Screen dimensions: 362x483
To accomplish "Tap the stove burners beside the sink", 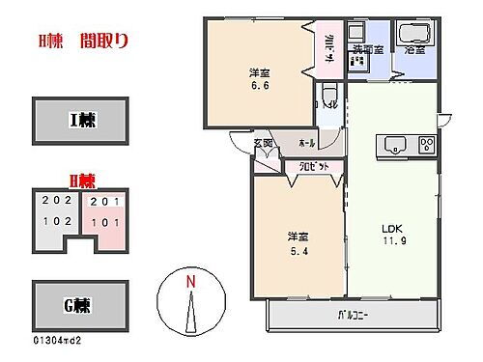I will (x=424, y=147).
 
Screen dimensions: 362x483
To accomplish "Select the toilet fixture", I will (x=330, y=97).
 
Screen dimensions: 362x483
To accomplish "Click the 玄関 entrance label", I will (x=264, y=144).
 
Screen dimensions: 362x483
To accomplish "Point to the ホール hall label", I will (x=307, y=142).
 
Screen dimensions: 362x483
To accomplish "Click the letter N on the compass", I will (x=191, y=281).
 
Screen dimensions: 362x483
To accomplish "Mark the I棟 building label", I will (x=81, y=120).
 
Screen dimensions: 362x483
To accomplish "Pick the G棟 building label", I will (x=81, y=306).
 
